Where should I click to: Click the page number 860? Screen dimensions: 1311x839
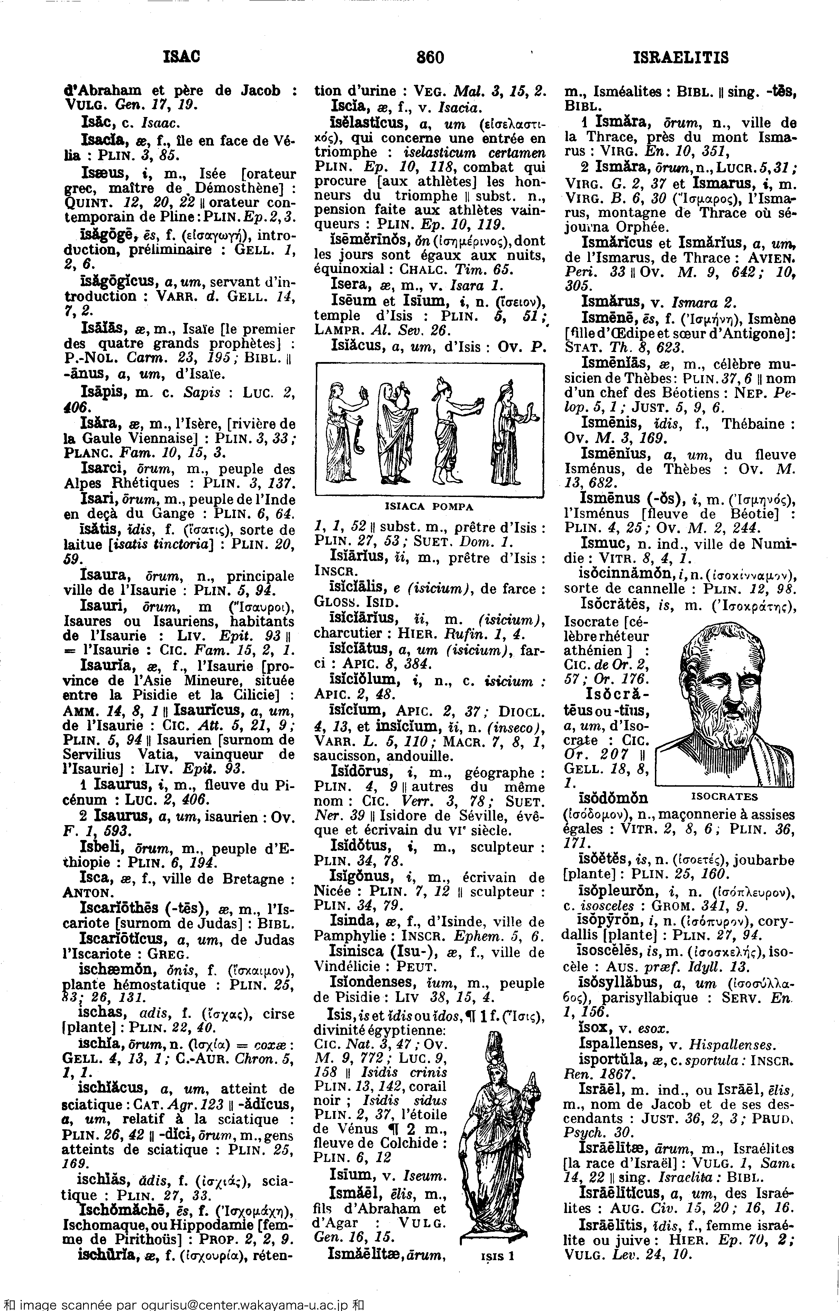click(430, 57)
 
